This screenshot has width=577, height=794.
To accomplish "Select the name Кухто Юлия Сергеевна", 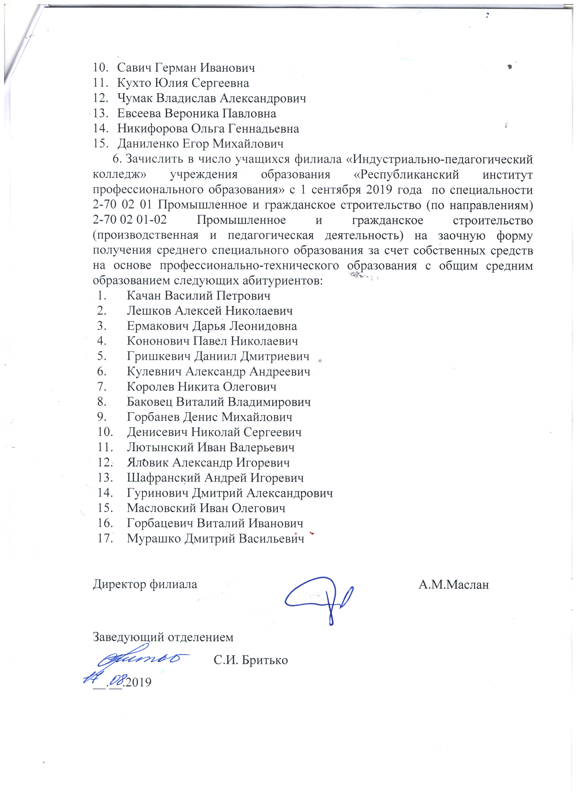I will click(x=183, y=83).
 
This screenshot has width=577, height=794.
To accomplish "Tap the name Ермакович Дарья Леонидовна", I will click(x=212, y=326).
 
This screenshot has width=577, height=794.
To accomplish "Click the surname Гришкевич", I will click(x=159, y=357).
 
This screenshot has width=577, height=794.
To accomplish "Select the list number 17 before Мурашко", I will click(x=105, y=539).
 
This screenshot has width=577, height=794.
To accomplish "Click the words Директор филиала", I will click(x=145, y=584).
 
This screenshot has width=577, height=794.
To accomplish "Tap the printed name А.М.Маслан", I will click(x=453, y=585).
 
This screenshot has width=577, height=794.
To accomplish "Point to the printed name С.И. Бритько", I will click(x=250, y=660).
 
